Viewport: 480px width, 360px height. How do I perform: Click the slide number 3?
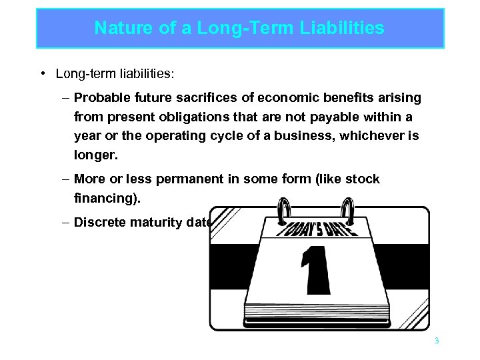tap(437, 341)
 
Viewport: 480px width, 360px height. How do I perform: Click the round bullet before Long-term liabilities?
tap(42, 73)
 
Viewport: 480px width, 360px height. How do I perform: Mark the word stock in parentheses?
tap(364, 179)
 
